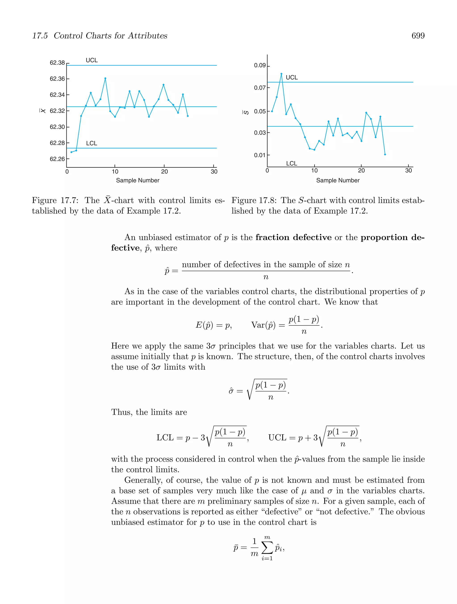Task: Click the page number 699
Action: click(x=418, y=36)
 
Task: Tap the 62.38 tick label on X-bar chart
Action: click(x=57, y=63)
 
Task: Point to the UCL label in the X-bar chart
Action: click(x=91, y=60)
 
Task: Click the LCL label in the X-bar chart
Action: click(x=91, y=143)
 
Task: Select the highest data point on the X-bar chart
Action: click(x=105, y=78)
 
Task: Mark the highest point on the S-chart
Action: click(x=281, y=74)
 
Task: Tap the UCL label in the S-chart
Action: click(x=292, y=77)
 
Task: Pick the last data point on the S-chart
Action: click(x=385, y=154)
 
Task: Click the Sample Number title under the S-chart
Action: click(x=338, y=181)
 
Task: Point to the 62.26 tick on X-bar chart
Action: click(x=57, y=159)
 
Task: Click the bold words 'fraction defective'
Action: click(x=293, y=237)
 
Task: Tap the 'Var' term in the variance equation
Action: click(x=258, y=325)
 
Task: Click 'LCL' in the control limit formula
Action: click(x=165, y=438)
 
